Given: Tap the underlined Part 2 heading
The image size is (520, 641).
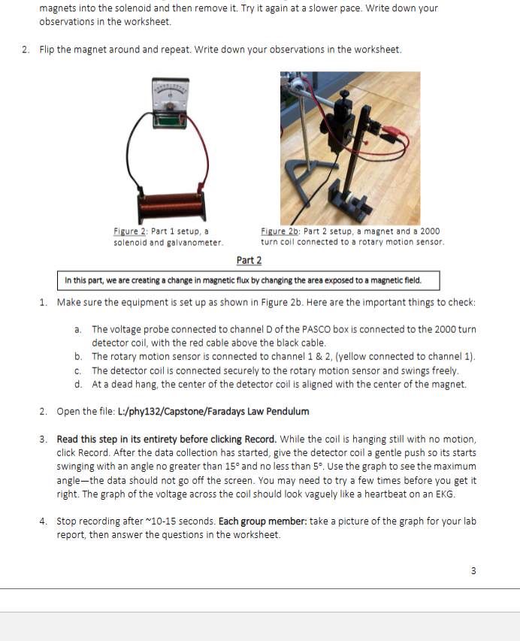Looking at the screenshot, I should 249,260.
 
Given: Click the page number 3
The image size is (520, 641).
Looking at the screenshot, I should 473,570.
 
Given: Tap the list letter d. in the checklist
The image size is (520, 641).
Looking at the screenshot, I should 79,384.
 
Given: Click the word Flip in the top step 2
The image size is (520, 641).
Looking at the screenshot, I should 48,50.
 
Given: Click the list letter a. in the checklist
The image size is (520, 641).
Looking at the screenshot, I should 79,330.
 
